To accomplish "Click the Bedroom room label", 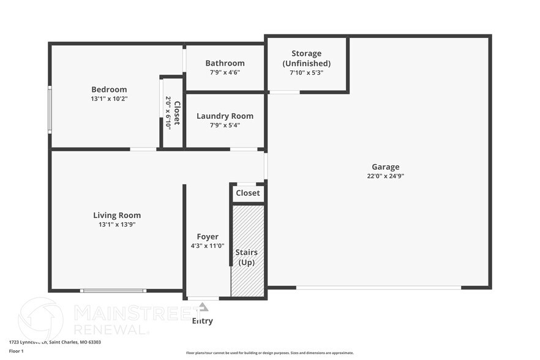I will (109, 89).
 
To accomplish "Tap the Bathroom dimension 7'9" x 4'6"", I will (225, 72).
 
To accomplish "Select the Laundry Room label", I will (225, 116).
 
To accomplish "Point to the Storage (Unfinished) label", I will (306, 58).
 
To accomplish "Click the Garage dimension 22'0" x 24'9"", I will (385, 176).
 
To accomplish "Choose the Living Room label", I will (117, 215).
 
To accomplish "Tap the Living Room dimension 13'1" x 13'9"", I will (117, 224).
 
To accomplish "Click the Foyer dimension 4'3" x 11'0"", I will (208, 246).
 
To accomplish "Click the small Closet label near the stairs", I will (248, 193).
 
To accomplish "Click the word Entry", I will (203, 321).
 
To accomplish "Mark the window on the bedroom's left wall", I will (50, 109).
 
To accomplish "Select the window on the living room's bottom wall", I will (113, 290).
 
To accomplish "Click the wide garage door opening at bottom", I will (378, 287).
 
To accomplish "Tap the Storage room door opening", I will (285, 92).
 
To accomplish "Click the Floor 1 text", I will (16, 351).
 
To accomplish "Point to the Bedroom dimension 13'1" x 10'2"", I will (109, 99).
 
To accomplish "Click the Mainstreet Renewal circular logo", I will (41, 318).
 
